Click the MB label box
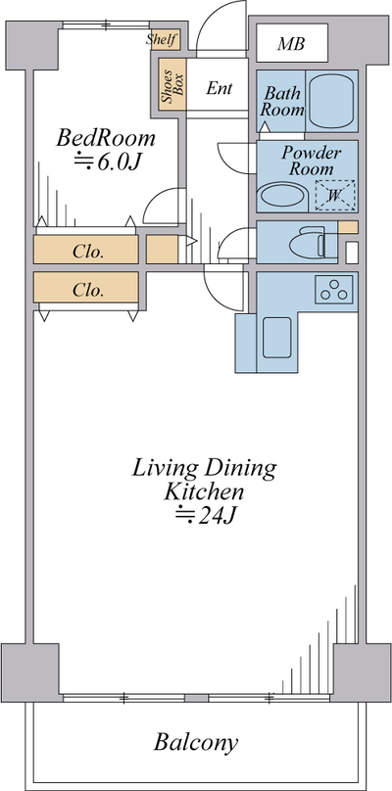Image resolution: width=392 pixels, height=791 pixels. pos(292,43)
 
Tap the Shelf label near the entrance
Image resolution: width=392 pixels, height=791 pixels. pos(163,39)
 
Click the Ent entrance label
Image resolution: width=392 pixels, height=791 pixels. pos(220,88)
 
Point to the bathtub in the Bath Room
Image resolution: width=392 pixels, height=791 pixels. pos(331,101)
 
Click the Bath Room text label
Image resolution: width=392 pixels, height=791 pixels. pos(282,102)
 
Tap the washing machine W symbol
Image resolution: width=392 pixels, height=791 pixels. pos(335,195)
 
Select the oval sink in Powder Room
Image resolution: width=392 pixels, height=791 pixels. pos(283,195)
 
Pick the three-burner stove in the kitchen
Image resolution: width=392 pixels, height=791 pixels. pos(334,290)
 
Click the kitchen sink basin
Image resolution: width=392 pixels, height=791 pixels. pos(276,338)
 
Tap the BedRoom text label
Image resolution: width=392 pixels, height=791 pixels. pos(106,138)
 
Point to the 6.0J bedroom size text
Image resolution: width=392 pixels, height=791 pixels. pos(107,162)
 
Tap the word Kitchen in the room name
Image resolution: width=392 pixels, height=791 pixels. pos(204,491)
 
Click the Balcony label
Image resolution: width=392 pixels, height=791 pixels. pos(195,743)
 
